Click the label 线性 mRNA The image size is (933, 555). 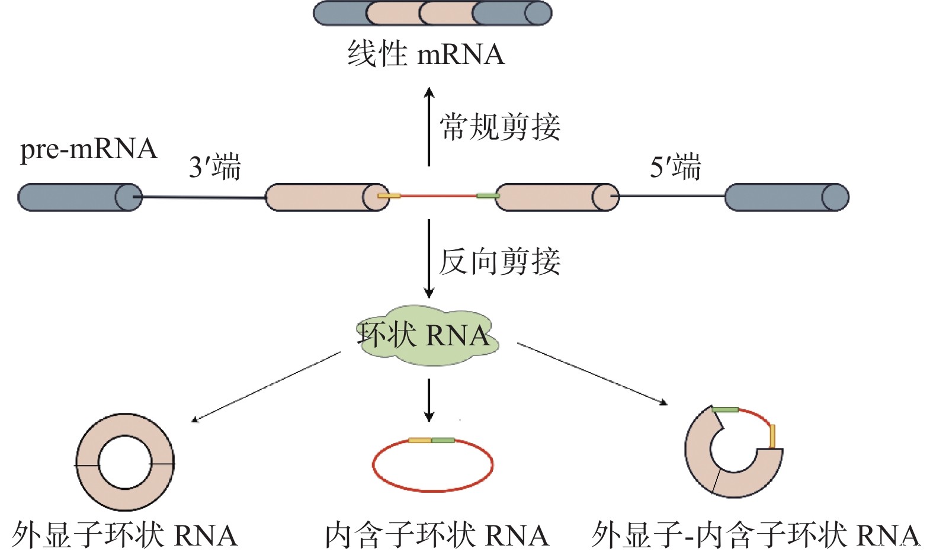[425, 54]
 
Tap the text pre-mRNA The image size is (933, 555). [89, 149]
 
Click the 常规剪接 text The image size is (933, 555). [500, 127]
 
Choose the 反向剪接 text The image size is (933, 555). [500, 261]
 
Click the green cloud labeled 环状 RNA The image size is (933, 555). [427, 336]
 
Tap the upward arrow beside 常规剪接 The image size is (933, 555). [429, 127]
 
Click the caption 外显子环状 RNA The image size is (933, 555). [125, 535]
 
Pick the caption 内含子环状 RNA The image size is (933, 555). [437, 535]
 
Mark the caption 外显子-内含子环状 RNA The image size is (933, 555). [755, 535]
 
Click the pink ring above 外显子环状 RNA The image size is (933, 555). [87, 463]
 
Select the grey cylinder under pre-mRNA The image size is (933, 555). [80, 197]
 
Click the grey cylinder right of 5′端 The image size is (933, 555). [787, 197]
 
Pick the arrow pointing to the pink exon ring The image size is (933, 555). [267, 386]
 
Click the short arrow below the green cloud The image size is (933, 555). [429, 400]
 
